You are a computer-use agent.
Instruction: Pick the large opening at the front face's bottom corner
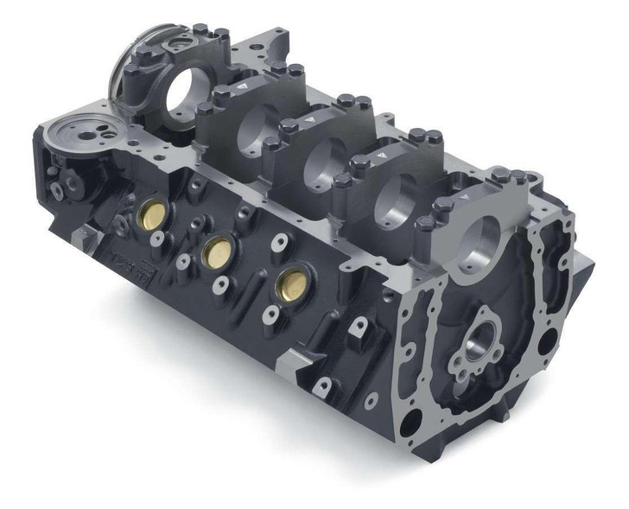[413, 420]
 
